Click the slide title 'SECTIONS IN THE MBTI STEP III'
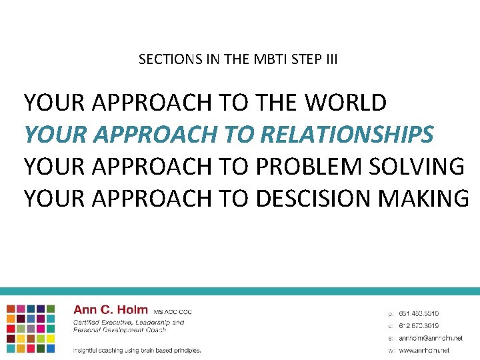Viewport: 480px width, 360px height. click(x=238, y=59)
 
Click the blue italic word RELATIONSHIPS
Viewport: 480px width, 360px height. click(x=347, y=134)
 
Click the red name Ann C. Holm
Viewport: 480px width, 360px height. click(x=110, y=309)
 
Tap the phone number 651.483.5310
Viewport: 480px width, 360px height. click(x=419, y=313)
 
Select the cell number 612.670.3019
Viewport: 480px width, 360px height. click(x=419, y=325)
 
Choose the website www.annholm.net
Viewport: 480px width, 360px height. click(x=424, y=350)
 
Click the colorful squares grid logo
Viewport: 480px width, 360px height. click(x=31, y=328)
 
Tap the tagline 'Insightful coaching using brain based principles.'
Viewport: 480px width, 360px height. click(x=137, y=350)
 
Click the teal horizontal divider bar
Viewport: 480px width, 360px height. click(x=240, y=291)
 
